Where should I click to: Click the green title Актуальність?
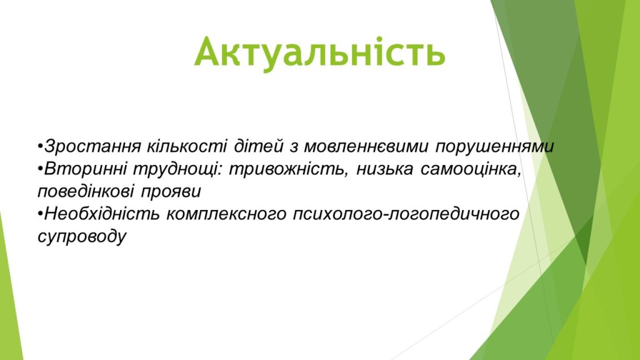319,52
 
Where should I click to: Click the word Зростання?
92,146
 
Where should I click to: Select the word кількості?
187,146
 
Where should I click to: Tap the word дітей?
258,146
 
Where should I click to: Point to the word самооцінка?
471,169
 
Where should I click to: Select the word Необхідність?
102,214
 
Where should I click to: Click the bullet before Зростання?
40,146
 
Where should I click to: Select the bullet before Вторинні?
40,169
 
